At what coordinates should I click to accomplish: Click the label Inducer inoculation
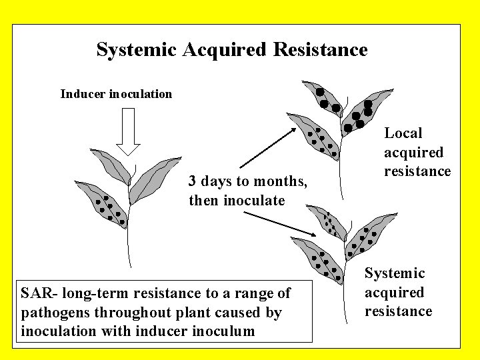pos(116,94)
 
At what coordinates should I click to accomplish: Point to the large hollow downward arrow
pos(129,131)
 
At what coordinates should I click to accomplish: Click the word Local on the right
pos(403,133)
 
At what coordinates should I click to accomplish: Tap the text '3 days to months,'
pos(248,181)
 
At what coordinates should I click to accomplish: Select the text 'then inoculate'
pos(237,200)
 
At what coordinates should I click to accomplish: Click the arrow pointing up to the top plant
pos(267,147)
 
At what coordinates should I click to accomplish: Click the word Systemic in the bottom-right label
pos(395,273)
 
